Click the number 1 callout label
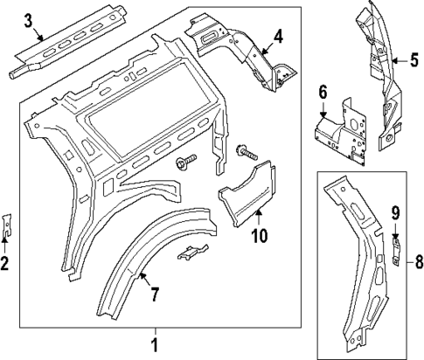[x=155, y=343]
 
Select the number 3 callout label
[x=28, y=20]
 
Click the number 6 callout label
[x=322, y=93]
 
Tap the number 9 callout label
[x=394, y=212]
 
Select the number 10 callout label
[x=260, y=234]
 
